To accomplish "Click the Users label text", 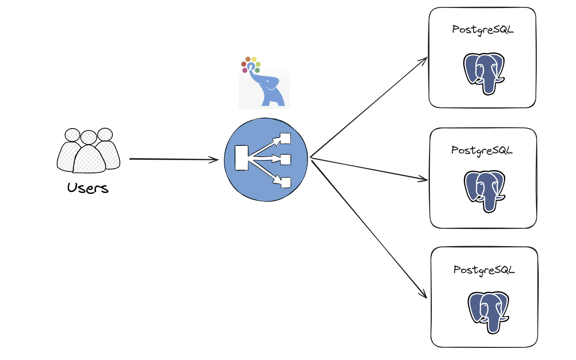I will [88, 188].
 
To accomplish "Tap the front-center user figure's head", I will [89, 137].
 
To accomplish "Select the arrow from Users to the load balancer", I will [174, 159].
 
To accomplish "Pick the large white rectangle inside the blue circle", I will [241, 158].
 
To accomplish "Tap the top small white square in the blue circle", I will [285, 139].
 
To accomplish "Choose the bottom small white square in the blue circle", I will [286, 183].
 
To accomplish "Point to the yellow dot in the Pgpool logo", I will [254, 59].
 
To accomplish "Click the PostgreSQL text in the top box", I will [483, 30].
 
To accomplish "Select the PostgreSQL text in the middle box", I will [482, 151].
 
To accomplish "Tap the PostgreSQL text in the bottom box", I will [484, 270].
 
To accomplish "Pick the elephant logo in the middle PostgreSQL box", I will [484, 191].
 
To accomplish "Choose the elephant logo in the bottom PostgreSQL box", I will [488, 312].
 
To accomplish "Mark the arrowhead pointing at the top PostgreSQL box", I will [424, 60].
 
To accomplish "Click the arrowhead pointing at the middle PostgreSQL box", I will [424, 179].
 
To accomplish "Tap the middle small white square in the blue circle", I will [286, 159].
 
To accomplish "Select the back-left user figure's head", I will [72, 135].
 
